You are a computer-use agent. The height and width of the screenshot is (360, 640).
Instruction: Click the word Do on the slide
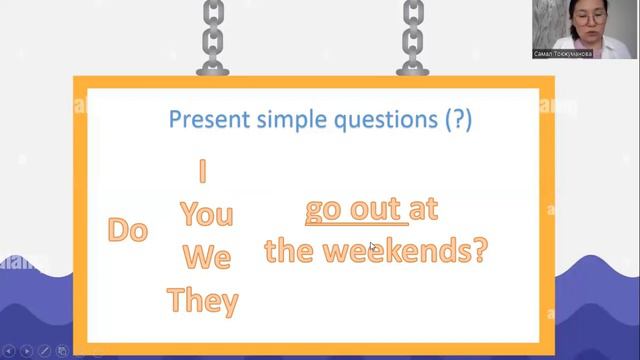click(x=128, y=230)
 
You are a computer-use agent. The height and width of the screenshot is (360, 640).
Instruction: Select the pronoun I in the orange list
click(x=203, y=172)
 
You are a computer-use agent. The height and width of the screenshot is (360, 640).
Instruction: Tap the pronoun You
click(x=206, y=214)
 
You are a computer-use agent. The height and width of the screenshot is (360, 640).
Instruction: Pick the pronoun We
click(x=206, y=257)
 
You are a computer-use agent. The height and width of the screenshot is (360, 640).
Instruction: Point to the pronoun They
click(x=203, y=300)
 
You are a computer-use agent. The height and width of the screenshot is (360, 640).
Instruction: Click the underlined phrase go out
click(x=353, y=210)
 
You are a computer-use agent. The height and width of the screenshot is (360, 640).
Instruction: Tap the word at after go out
click(x=424, y=210)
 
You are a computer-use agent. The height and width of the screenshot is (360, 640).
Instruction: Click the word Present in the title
click(x=206, y=121)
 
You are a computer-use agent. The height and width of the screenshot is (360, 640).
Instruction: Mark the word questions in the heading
click(x=384, y=121)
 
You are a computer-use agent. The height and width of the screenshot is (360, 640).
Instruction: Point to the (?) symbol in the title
click(x=457, y=121)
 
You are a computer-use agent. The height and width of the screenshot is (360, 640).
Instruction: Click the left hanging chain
click(x=213, y=36)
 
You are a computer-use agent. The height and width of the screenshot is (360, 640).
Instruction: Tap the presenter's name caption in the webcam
click(x=563, y=53)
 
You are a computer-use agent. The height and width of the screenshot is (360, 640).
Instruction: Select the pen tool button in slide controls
click(x=45, y=351)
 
